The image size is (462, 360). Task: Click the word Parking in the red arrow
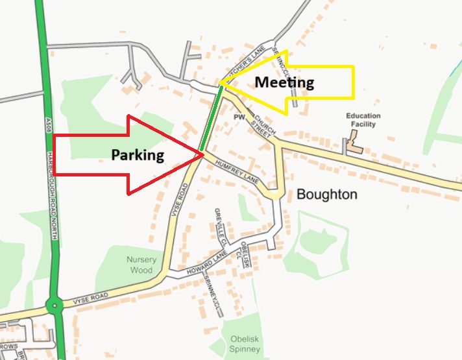138,155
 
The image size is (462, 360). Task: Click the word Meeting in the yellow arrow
284,82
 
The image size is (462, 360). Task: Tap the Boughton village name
326,195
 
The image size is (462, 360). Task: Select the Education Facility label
363,119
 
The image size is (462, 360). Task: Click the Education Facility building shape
355,143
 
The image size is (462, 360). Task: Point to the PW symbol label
239,117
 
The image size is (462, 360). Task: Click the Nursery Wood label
141,265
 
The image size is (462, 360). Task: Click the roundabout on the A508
55,305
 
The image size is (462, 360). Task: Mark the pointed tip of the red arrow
202,154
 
